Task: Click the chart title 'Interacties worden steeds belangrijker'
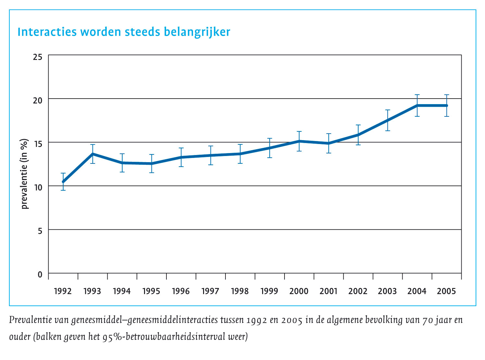click(124, 32)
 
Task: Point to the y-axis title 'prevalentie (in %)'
click(25, 174)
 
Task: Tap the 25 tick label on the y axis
click(38, 57)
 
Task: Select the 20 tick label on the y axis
click(38, 100)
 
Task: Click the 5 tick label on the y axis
click(40, 231)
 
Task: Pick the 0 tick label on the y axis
click(40, 275)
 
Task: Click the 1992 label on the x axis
click(63, 291)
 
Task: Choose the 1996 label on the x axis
click(181, 291)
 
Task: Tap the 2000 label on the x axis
click(299, 291)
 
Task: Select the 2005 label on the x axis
click(446, 291)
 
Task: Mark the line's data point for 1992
click(63, 182)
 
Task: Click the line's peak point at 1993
click(93, 154)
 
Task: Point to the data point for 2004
click(417, 105)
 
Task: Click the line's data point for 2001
click(329, 143)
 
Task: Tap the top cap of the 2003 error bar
click(388, 110)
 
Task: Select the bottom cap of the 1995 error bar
click(152, 173)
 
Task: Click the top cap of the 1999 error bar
click(270, 138)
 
